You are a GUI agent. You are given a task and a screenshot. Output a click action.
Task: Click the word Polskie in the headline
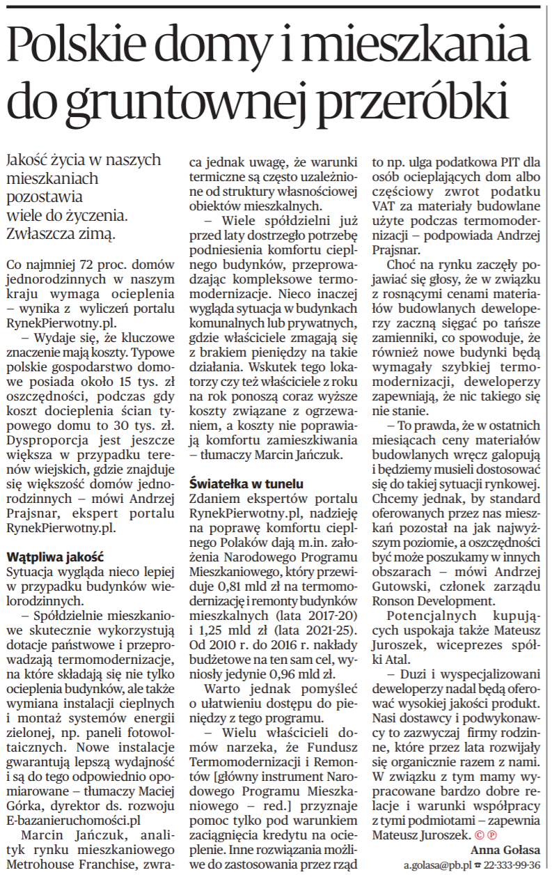[83, 47]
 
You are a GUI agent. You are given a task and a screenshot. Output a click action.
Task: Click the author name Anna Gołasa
[505, 849]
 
